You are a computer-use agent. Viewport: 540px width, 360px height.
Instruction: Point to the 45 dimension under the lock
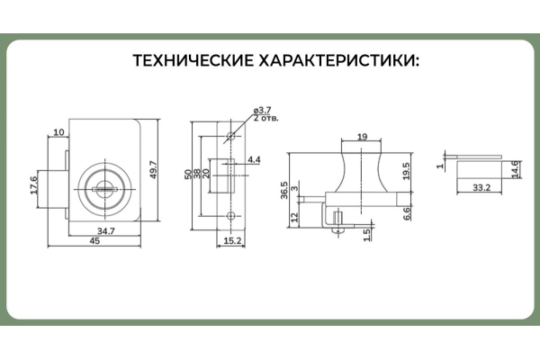pyautogui.click(x=94, y=243)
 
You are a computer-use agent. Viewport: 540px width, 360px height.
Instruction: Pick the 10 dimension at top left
pyautogui.click(x=58, y=132)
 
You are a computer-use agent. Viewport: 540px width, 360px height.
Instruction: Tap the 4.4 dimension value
pyautogui.click(x=254, y=159)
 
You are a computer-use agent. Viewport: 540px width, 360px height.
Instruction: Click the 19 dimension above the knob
pyautogui.click(x=361, y=136)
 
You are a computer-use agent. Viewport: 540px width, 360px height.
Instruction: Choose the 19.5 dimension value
pyautogui.click(x=407, y=172)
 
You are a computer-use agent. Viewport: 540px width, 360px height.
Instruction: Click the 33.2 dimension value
pyautogui.click(x=480, y=188)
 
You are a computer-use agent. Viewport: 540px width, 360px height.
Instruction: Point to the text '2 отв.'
pyautogui.click(x=266, y=118)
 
